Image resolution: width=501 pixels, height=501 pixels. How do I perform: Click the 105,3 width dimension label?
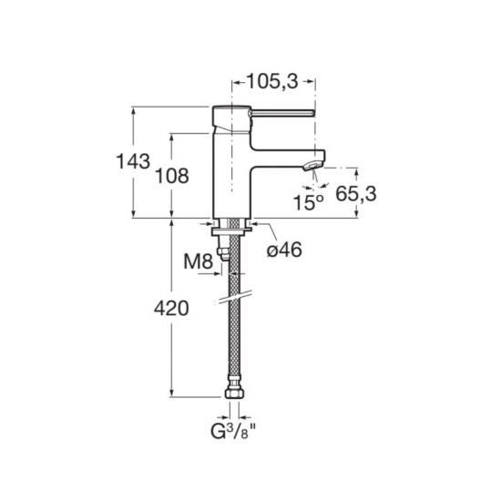point(272,81)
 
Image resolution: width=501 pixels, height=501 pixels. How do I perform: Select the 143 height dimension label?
point(133,161)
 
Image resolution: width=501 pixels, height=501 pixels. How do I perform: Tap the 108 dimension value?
point(171,176)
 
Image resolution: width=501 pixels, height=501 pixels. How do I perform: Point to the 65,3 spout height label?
point(356,194)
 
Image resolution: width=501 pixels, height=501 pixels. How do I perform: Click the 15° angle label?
point(308,202)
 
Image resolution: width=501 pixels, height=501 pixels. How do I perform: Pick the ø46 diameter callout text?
point(284,250)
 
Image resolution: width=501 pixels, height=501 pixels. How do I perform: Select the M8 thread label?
point(198,262)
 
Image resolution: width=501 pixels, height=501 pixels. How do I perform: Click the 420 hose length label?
point(171,309)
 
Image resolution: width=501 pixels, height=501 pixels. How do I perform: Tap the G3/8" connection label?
point(233,432)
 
